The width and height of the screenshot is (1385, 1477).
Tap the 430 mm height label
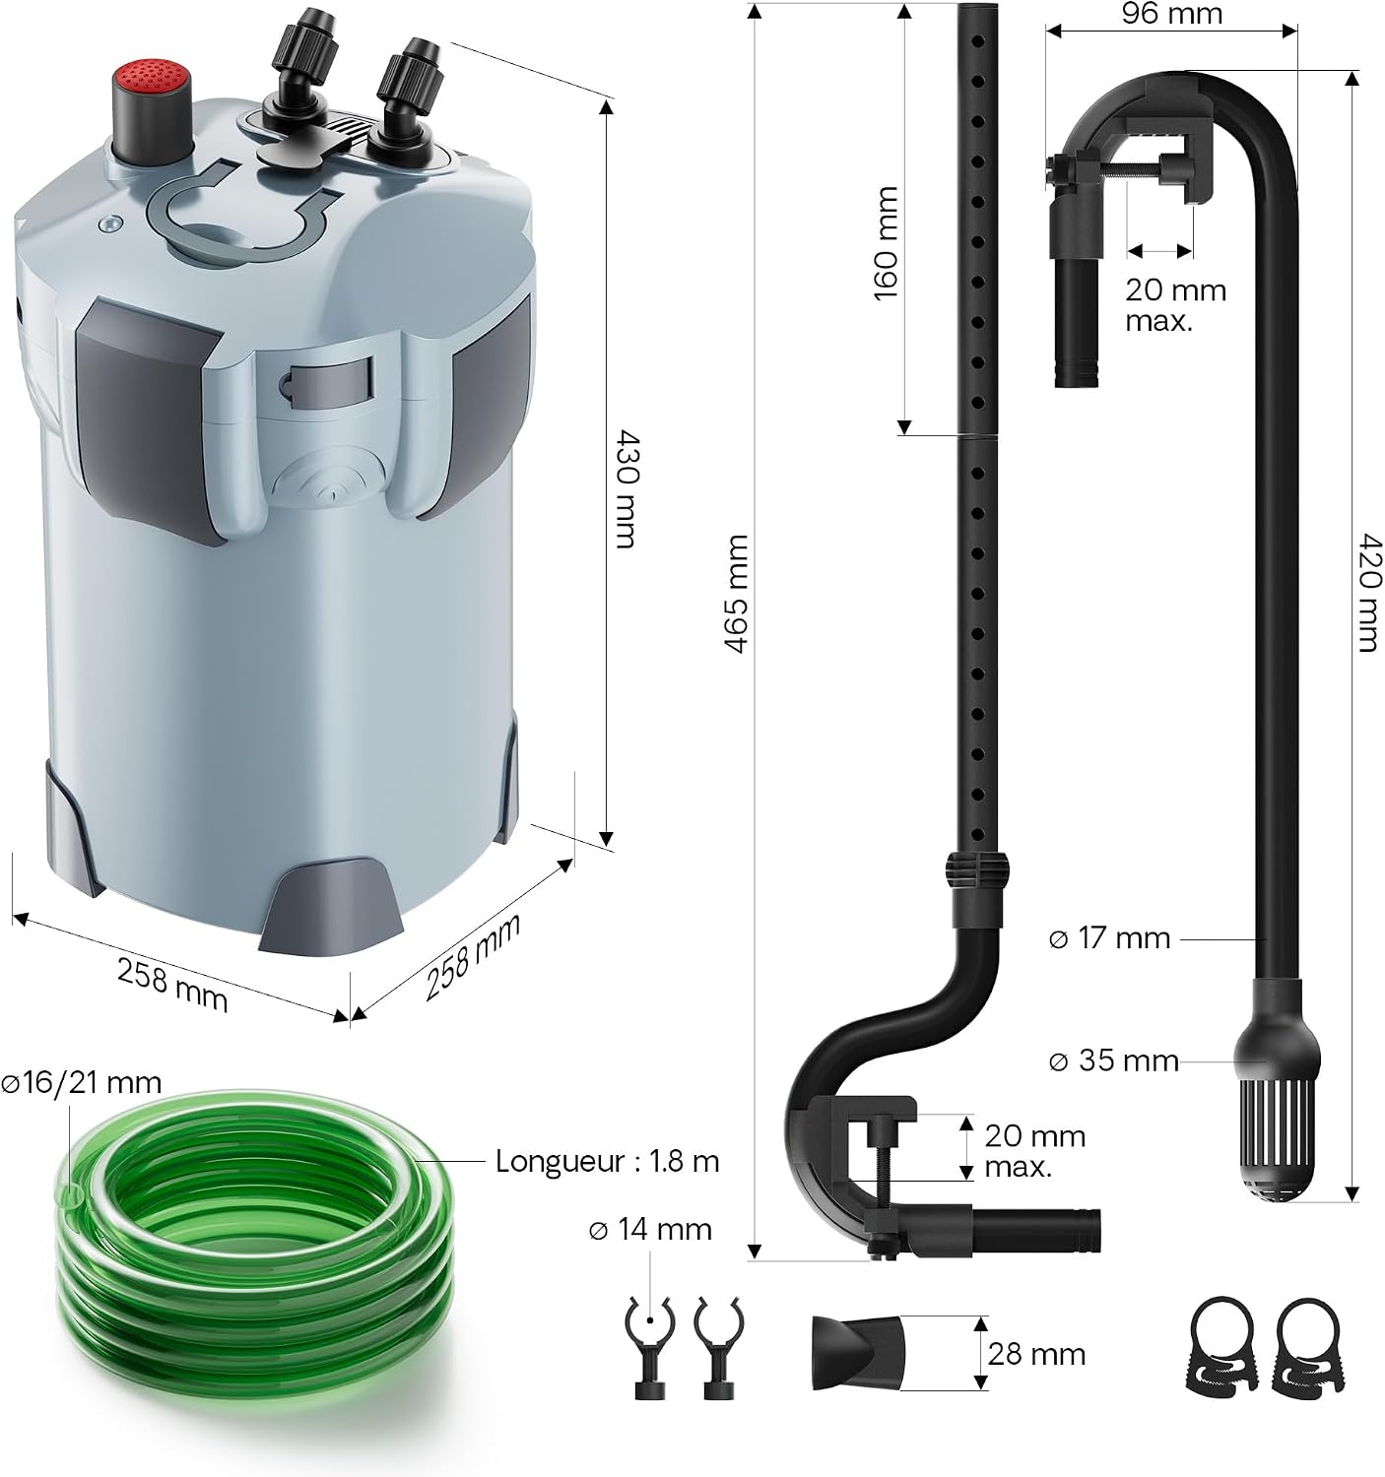click(x=627, y=488)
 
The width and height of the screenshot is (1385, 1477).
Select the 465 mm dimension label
click(x=736, y=594)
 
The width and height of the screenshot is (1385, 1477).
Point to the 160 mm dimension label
click(x=886, y=244)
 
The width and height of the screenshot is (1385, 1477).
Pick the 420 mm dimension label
click(x=1367, y=593)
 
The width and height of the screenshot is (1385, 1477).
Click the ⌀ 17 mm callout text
click(x=1109, y=938)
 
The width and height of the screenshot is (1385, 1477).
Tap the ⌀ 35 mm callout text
click(x=1113, y=1060)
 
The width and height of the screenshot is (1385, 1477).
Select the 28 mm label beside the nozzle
click(x=1036, y=1354)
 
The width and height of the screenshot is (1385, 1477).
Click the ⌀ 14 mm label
click(x=650, y=1229)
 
